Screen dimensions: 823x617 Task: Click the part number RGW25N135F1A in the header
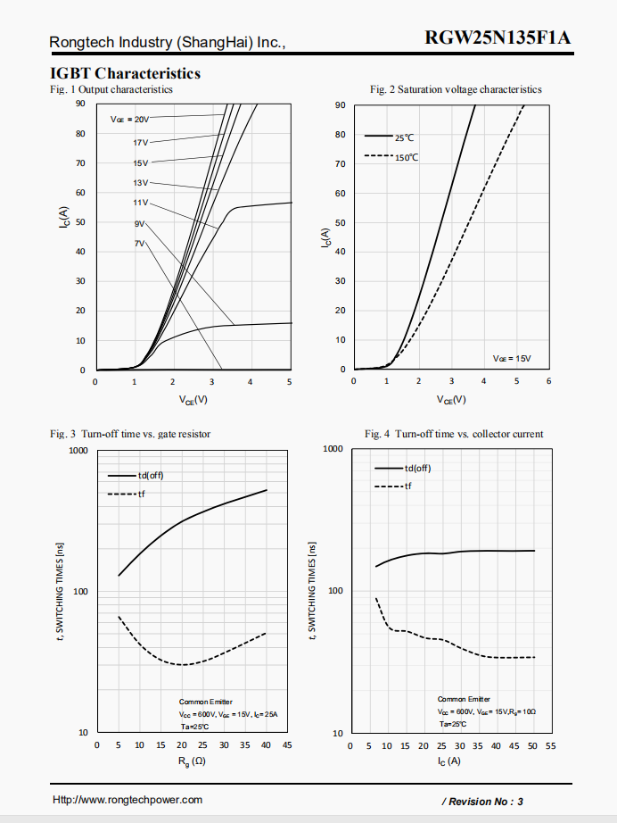(x=498, y=38)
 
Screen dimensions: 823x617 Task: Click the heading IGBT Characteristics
(x=125, y=73)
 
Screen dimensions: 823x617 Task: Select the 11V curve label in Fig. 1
(x=141, y=203)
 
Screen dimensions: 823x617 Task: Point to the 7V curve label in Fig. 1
(x=139, y=243)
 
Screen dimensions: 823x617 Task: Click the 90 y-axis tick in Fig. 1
(x=80, y=104)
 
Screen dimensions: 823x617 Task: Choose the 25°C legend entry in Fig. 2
(x=404, y=137)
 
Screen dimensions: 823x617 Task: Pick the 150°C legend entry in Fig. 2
(x=406, y=157)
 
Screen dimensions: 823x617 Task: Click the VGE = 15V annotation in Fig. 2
(x=512, y=358)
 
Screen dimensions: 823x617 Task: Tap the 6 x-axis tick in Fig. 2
(x=548, y=381)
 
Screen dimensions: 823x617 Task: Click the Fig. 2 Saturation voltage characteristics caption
(x=456, y=89)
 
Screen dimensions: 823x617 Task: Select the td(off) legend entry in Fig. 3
(x=150, y=475)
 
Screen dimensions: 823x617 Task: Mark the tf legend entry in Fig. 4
(x=407, y=486)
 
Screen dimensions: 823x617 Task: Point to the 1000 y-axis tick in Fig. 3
(x=78, y=451)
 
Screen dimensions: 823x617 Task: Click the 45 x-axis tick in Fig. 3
(x=286, y=744)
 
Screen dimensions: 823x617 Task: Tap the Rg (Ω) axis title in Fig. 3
(x=193, y=761)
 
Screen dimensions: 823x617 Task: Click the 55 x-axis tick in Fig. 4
(x=550, y=745)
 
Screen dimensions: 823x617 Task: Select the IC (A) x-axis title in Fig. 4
(x=449, y=761)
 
